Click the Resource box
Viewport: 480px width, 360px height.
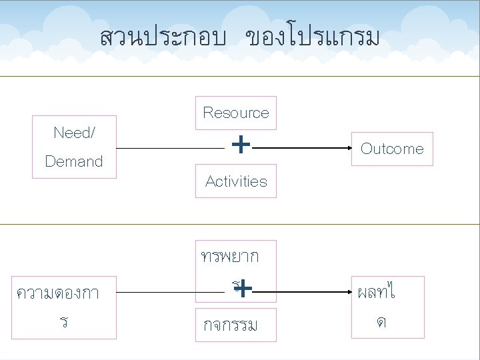coord(236,113)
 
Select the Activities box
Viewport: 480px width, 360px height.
coord(236,181)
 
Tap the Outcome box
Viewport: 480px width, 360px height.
coord(392,149)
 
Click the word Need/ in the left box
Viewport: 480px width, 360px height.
coord(74,133)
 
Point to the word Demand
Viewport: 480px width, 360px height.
coord(74,161)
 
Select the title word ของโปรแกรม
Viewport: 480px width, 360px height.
coord(312,38)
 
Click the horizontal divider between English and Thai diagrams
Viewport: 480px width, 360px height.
coord(240,225)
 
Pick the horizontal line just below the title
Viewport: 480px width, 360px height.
coord(240,76)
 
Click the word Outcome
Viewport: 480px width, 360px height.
coord(392,149)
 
